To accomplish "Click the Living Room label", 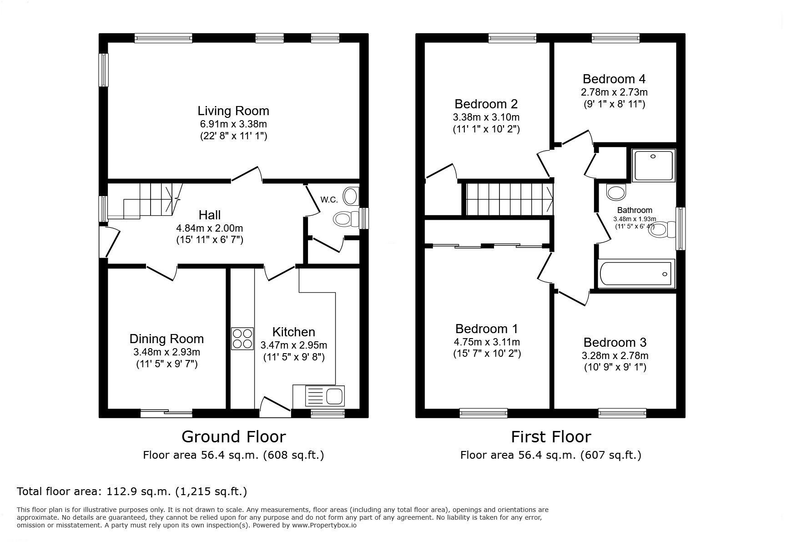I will [x=233, y=111].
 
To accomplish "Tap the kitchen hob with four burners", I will [x=242, y=339].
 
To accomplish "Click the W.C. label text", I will [x=328, y=200].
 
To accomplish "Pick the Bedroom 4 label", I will [x=614, y=79].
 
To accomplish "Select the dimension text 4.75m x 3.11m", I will [x=487, y=342].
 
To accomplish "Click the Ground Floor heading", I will [x=233, y=437].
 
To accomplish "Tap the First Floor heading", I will [x=550, y=437].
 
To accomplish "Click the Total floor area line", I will [x=132, y=491].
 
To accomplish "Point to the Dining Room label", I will [x=166, y=339].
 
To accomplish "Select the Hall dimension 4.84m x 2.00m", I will [x=210, y=228].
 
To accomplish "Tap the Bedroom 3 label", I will [x=615, y=342].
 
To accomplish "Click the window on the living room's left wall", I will [x=104, y=70].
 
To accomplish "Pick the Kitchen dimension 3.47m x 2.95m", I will [x=293, y=345].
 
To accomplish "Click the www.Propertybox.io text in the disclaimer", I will [x=324, y=525].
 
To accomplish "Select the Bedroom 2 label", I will [x=486, y=104].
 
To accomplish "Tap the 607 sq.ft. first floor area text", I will [x=611, y=455].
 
